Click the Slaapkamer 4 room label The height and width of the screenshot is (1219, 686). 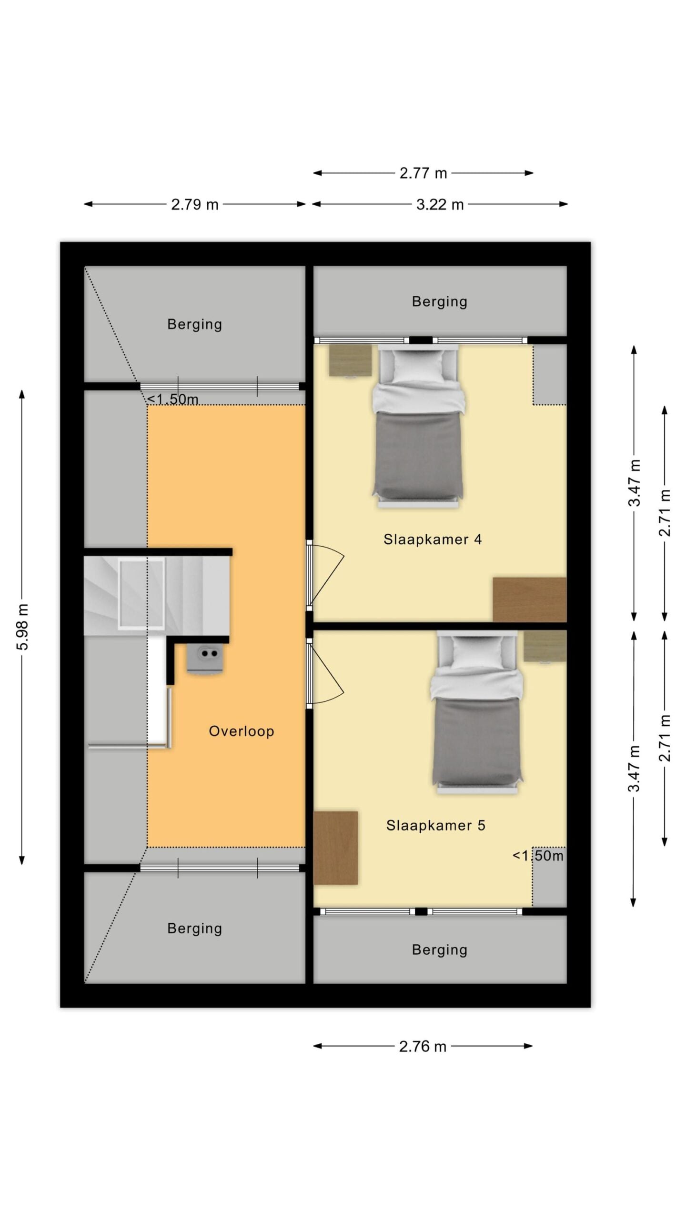click(432, 540)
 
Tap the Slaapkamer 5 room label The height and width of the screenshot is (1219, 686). click(435, 825)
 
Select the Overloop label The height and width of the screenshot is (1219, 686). click(241, 731)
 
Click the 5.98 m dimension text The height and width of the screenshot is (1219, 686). click(22, 626)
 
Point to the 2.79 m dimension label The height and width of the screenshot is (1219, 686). click(195, 205)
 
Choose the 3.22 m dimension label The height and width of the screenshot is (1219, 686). click(440, 205)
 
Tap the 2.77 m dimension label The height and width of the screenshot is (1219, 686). click(423, 173)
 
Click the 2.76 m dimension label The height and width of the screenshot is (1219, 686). click(423, 1047)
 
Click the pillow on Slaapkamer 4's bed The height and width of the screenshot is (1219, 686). click(418, 366)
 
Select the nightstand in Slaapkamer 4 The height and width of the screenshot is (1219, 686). click(350, 360)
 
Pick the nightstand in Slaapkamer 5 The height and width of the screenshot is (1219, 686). click(545, 646)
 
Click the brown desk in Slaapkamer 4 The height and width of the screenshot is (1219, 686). click(529, 600)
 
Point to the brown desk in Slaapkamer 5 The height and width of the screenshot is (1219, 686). click(335, 848)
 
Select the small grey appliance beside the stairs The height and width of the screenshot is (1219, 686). click(205, 659)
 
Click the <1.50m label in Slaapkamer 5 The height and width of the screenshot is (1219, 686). click(538, 856)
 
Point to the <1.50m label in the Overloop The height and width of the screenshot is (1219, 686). click(172, 399)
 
